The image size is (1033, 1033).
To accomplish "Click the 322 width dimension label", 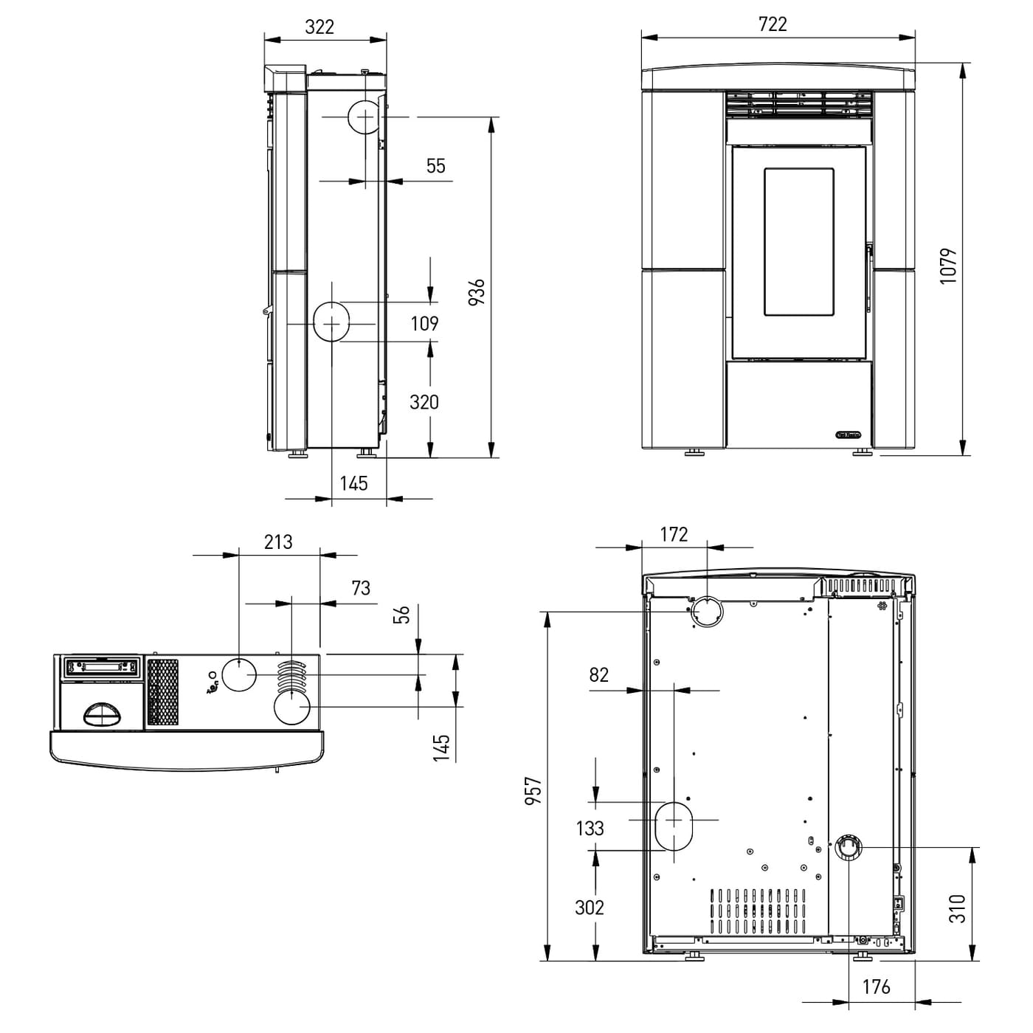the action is (x=319, y=27).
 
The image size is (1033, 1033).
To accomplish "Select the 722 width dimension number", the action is (x=773, y=24).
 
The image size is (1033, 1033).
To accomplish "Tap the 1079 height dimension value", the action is (x=948, y=266).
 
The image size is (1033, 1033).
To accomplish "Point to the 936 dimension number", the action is (x=477, y=291).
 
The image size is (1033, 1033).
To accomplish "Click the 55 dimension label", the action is (x=436, y=166).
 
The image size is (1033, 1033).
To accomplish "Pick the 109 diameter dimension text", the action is (x=424, y=324).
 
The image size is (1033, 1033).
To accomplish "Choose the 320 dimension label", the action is (x=424, y=402).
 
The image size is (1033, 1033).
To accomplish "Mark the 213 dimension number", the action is (x=278, y=542).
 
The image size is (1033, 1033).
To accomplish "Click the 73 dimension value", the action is (x=361, y=588).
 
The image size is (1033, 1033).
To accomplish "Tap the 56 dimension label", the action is (x=401, y=615).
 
